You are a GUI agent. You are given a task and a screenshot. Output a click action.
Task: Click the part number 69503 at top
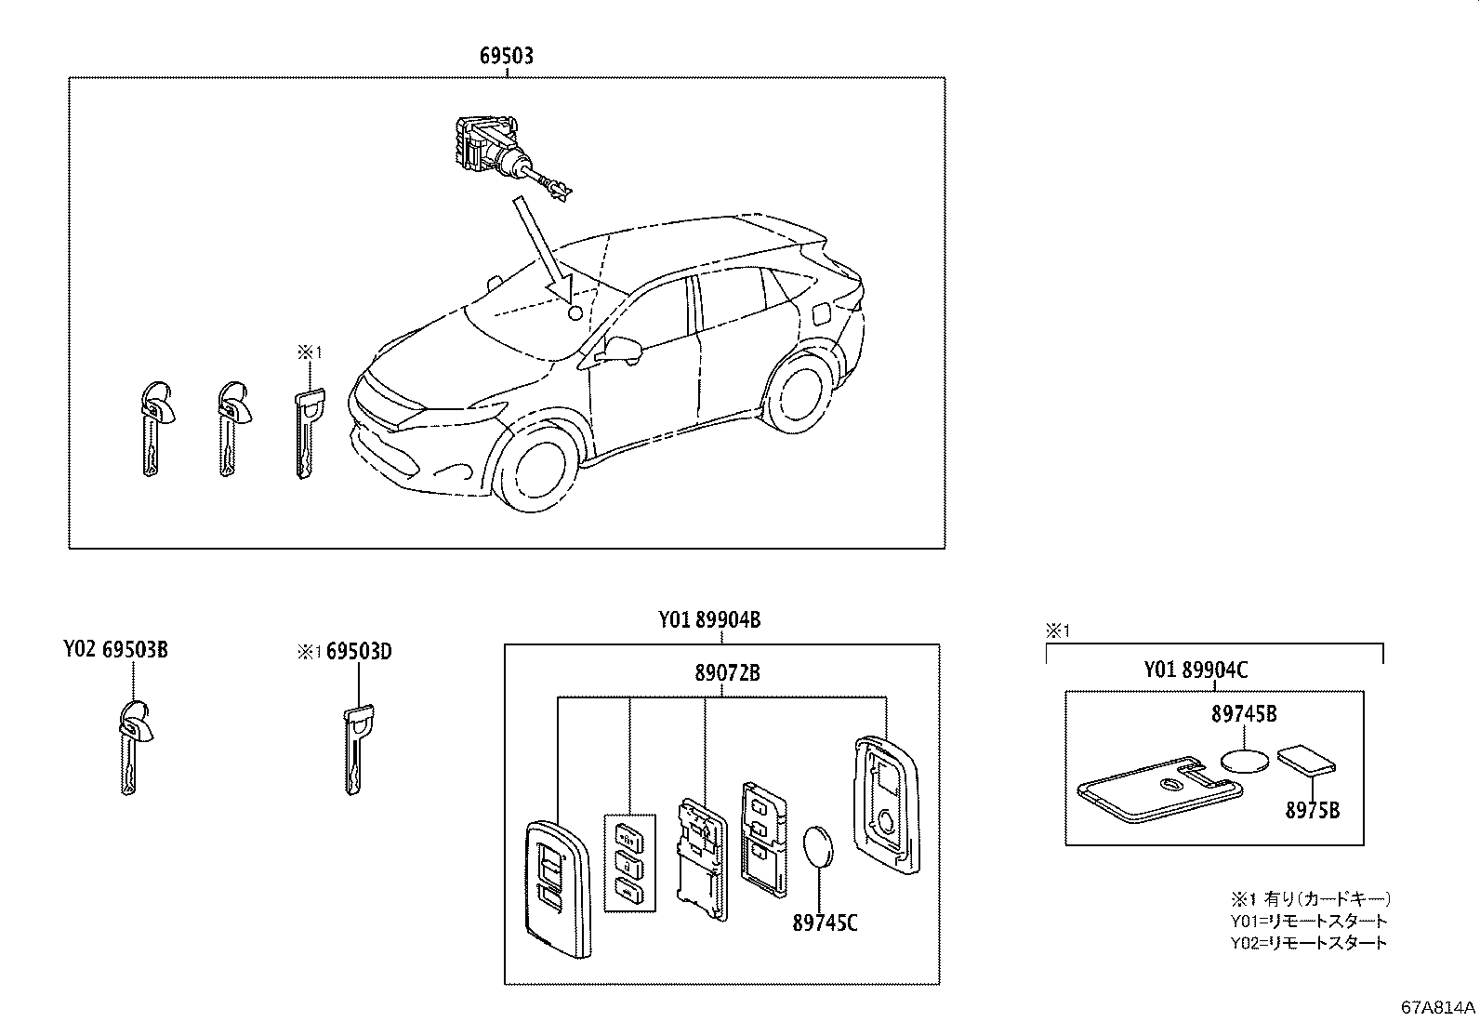click(507, 56)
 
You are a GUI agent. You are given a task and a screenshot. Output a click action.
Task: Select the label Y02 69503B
click(115, 649)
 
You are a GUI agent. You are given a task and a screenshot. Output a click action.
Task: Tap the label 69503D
click(359, 651)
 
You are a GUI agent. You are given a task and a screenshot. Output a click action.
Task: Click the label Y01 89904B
click(709, 619)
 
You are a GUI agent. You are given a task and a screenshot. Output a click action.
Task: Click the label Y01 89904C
click(1195, 670)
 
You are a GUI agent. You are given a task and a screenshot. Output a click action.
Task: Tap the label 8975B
click(1312, 809)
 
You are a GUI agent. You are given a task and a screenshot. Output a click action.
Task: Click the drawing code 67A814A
click(1438, 1007)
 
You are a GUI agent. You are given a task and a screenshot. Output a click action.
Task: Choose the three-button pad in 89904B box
click(628, 862)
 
